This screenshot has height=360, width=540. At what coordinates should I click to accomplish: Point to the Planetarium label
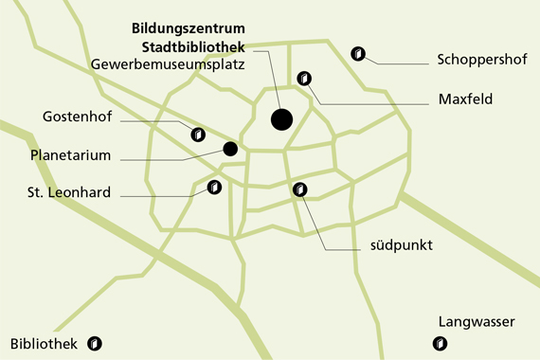tap(71, 154)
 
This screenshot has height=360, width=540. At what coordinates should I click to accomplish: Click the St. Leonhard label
tap(69, 193)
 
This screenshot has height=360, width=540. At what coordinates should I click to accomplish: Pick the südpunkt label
tap(402, 244)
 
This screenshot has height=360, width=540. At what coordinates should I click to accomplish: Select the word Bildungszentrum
tap(188, 29)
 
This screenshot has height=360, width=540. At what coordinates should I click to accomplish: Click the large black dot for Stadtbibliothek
tap(281, 119)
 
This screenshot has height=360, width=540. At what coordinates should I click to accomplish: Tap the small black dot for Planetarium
tap(229, 148)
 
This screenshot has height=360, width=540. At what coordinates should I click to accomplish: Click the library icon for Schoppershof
tap(358, 54)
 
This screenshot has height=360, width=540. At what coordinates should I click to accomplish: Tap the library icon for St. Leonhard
tap(215, 188)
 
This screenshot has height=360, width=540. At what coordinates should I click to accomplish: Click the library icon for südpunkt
tap(300, 189)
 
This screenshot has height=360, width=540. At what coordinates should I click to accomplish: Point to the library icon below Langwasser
tap(439, 343)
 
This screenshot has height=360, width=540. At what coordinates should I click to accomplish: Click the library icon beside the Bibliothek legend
tap(94, 343)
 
